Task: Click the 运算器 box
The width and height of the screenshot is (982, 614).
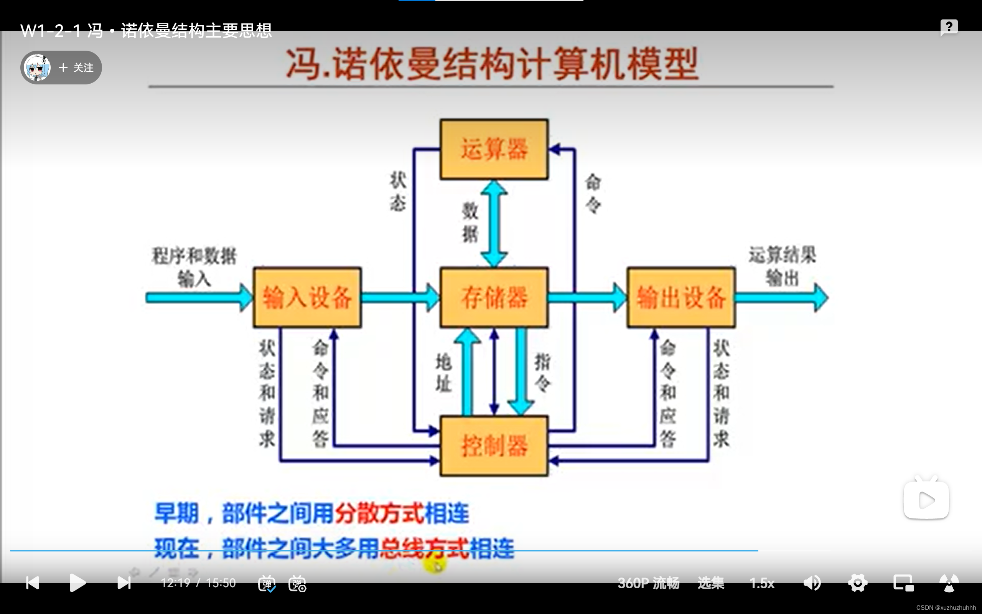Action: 494,149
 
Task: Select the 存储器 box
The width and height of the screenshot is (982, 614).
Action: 494,297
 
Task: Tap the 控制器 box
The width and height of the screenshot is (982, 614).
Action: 494,446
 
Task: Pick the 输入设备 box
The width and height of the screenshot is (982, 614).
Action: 307,297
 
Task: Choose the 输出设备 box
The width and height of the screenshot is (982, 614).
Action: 681,297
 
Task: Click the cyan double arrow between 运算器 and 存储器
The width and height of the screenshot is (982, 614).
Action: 494,223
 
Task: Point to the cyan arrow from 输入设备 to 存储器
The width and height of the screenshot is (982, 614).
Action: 400,298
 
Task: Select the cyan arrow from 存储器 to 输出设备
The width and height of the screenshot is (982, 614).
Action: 587,298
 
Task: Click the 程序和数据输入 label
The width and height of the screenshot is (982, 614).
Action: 194,267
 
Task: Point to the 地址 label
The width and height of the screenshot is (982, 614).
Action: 443,372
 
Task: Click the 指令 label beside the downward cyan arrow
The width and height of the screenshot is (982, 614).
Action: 542,372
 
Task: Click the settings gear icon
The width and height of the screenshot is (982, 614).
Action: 857,583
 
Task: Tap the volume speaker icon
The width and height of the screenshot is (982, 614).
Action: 812,583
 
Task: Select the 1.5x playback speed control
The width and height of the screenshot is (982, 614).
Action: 762,583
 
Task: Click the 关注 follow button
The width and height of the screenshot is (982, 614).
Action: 76,68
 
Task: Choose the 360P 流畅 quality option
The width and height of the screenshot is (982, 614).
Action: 648,583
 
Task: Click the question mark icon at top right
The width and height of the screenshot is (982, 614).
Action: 949,27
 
